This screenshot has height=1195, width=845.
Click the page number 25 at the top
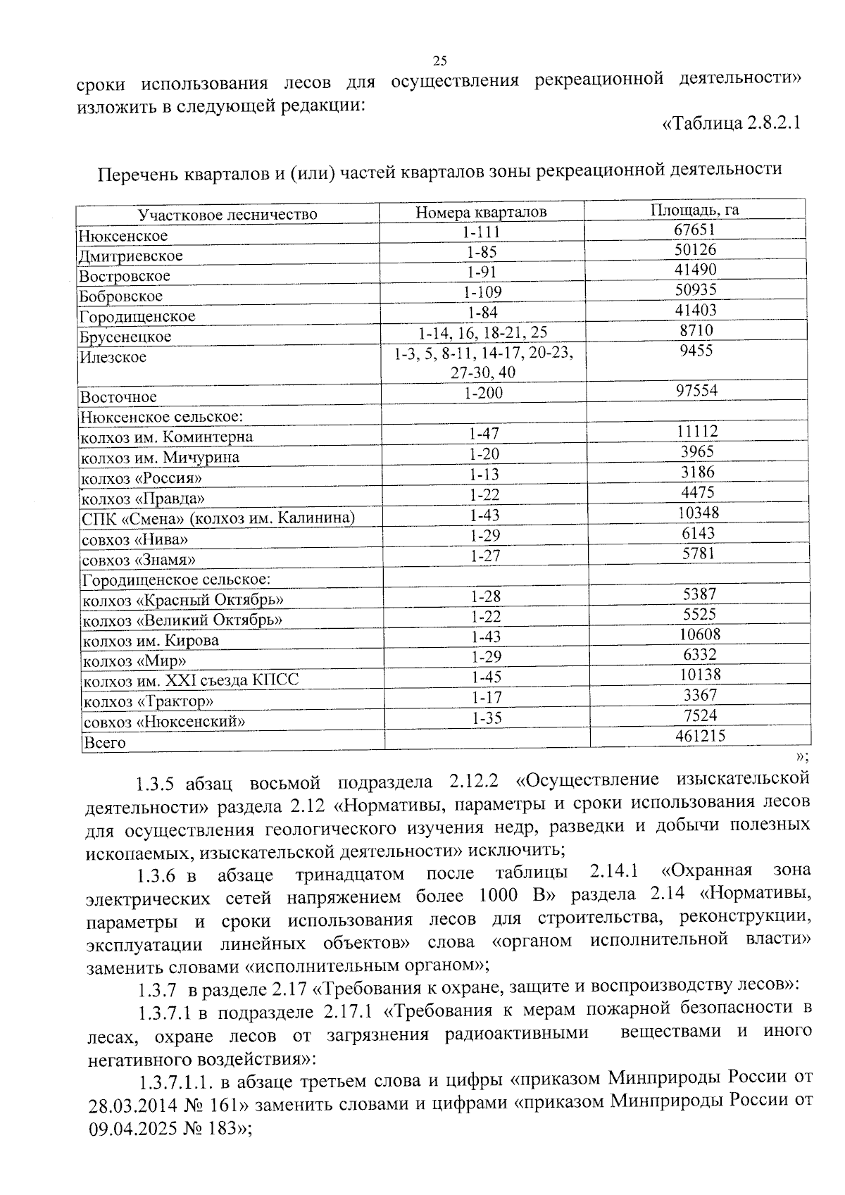[x=440, y=60]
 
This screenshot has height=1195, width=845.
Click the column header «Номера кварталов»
[x=480, y=212]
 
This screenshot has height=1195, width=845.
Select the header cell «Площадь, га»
[x=694, y=210]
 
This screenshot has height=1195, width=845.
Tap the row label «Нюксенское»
[x=123, y=236]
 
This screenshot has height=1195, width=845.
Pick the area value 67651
[x=695, y=230]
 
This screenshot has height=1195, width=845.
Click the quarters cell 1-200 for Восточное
[x=484, y=393]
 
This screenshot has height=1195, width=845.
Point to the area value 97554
[x=696, y=390]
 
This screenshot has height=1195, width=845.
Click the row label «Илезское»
[x=113, y=357]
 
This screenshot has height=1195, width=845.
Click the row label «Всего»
[x=104, y=742]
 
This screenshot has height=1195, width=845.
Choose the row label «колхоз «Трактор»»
[x=148, y=702]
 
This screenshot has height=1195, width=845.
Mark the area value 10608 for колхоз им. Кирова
[x=699, y=634]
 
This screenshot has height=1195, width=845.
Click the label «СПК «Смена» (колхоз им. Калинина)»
[x=218, y=519]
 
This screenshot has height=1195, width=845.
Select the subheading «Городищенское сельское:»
[x=177, y=580]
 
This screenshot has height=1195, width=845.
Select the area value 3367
[x=700, y=695]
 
